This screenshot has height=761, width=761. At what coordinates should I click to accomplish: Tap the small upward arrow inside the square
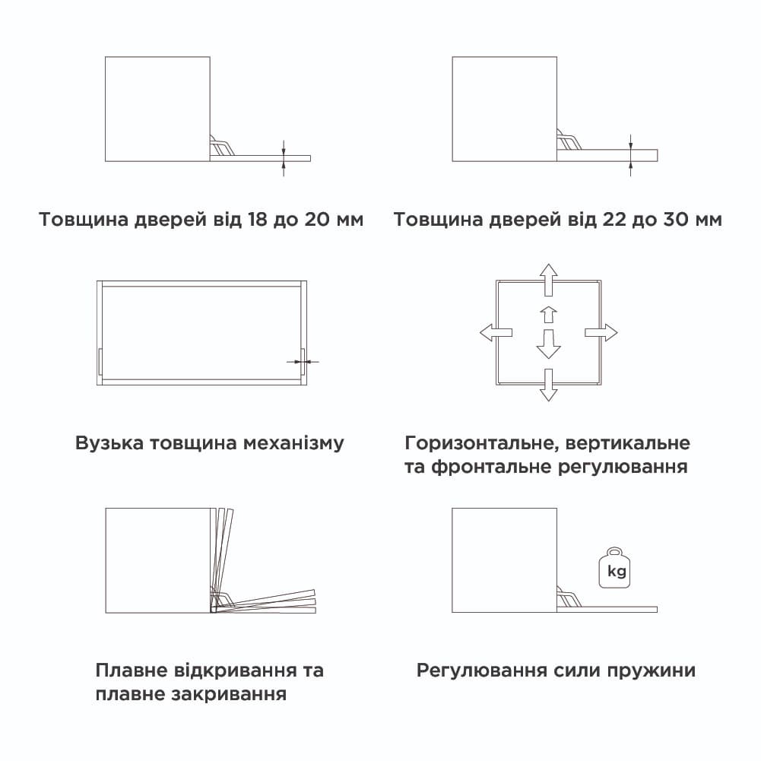pyautogui.click(x=547, y=313)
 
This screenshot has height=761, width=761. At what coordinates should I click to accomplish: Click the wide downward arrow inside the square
pyautogui.click(x=547, y=344)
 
